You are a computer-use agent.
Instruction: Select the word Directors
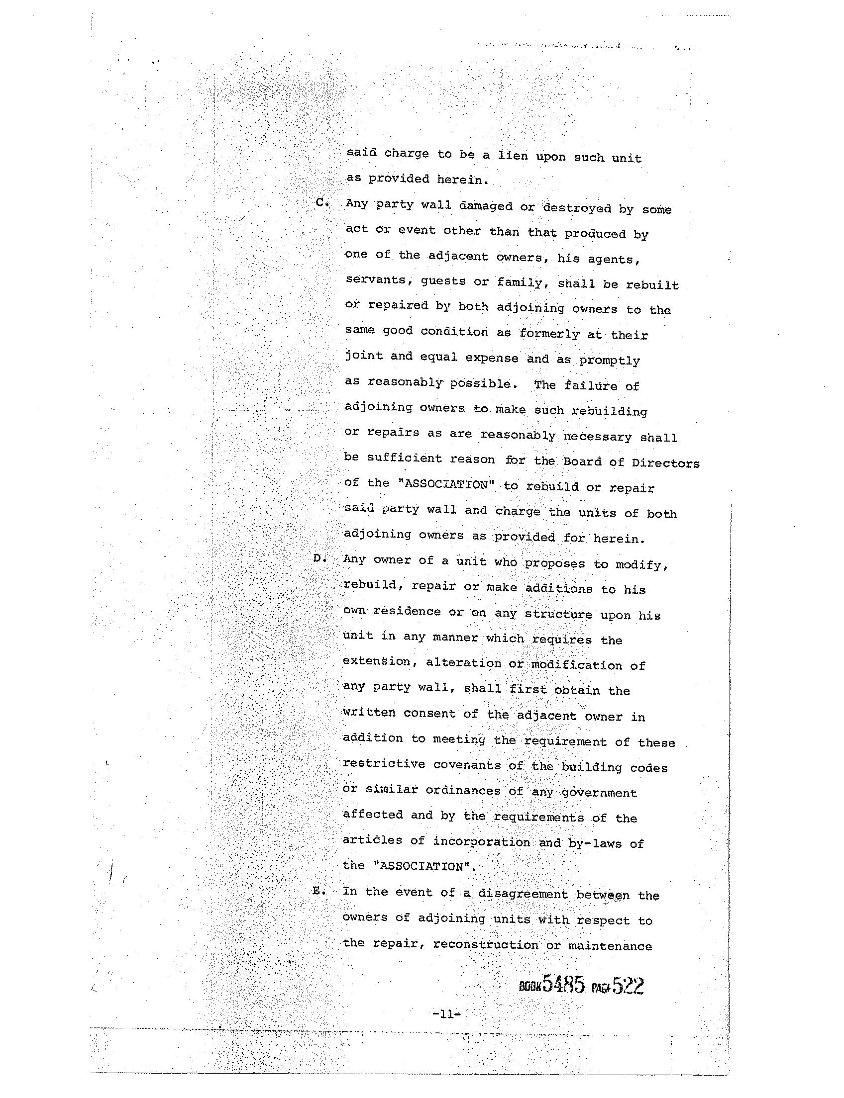(x=665, y=462)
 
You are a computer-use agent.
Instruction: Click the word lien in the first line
(x=513, y=156)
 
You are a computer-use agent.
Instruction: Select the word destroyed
(x=577, y=208)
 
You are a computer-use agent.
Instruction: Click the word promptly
(x=610, y=360)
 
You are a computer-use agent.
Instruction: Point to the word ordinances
(x=463, y=790)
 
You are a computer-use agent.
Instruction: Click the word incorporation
(x=481, y=841)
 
